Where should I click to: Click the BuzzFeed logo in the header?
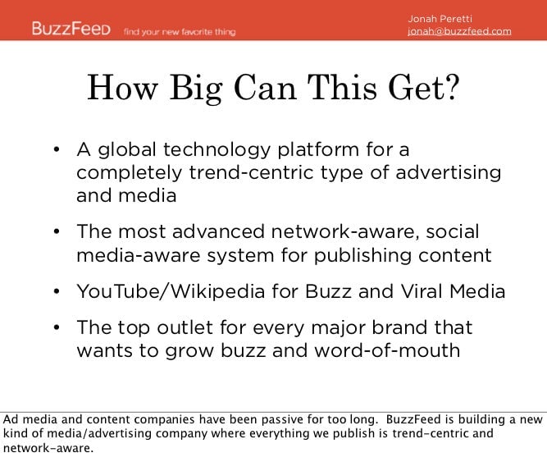click(x=71, y=28)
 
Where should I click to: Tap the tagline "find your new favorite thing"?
click(x=180, y=32)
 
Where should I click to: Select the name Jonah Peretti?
click(x=440, y=19)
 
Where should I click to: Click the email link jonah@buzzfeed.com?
click(x=459, y=31)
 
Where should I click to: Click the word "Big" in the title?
click(x=196, y=89)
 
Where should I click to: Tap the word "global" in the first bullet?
click(x=126, y=150)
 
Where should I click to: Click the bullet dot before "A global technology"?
click(x=57, y=150)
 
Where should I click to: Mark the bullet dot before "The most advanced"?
click(x=57, y=232)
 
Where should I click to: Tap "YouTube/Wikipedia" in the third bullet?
click(x=171, y=291)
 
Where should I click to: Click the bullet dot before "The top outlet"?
click(x=57, y=327)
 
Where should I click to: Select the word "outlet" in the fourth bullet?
click(x=185, y=328)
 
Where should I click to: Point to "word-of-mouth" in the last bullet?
click(x=387, y=350)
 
